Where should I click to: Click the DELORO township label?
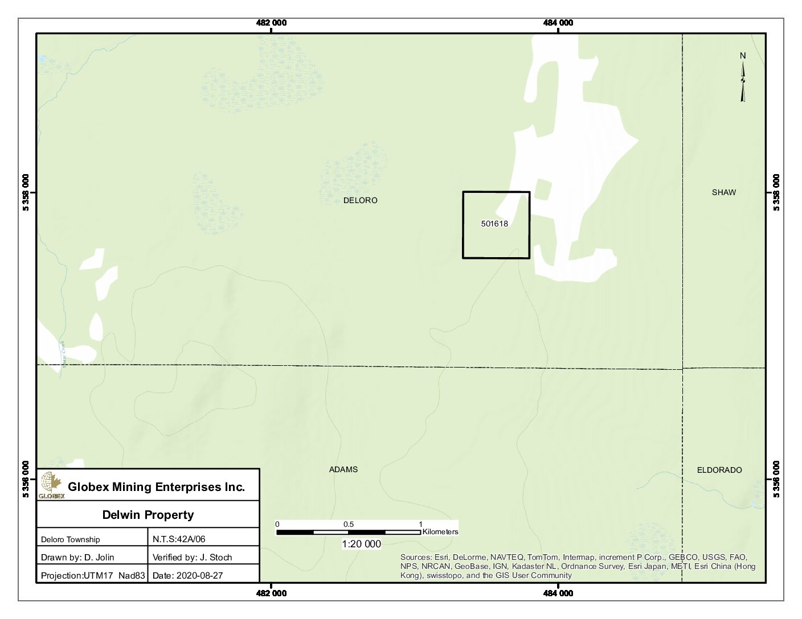click(360, 200)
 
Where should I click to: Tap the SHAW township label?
click(723, 192)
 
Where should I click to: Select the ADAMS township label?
click(343, 469)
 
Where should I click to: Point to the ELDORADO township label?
click(719, 470)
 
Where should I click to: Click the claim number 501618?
click(494, 224)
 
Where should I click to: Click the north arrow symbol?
click(743, 80)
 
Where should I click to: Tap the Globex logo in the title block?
click(51, 485)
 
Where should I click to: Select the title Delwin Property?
click(148, 515)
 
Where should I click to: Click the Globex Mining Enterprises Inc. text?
click(156, 487)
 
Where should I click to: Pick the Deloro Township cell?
click(71, 539)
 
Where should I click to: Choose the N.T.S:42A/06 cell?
click(179, 539)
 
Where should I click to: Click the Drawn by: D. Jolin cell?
click(77, 558)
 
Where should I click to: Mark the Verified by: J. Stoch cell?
click(192, 558)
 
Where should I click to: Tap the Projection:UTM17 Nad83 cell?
click(93, 575)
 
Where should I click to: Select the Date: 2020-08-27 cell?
click(187, 575)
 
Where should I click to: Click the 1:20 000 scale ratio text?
click(361, 544)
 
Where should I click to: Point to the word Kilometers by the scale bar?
click(440, 532)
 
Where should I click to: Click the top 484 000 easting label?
click(558, 23)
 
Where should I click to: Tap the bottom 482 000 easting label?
click(272, 593)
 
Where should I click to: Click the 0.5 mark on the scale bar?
click(348, 525)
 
